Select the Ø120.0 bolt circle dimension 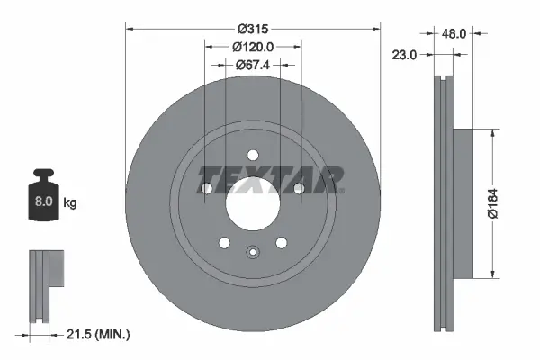click(x=253, y=46)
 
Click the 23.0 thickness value click(x=405, y=55)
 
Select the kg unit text click(x=70, y=203)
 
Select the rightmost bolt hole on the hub click(x=299, y=188)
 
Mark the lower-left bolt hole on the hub click(x=224, y=242)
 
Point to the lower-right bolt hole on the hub click(x=282, y=242)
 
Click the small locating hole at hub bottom click(x=253, y=253)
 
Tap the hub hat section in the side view click(x=461, y=202)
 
